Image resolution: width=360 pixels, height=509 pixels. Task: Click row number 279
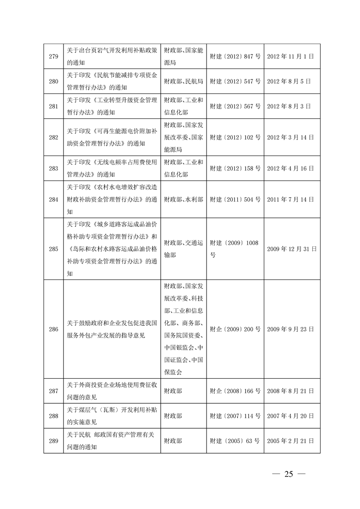click(x=53, y=56)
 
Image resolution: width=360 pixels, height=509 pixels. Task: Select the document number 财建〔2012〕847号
click(x=235, y=56)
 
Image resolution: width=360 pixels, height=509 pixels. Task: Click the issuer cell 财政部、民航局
click(x=183, y=81)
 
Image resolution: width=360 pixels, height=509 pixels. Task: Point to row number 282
click(x=53, y=137)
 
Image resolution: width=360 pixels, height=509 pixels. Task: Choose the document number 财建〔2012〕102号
click(x=235, y=137)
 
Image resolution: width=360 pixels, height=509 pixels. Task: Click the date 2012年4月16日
click(x=291, y=168)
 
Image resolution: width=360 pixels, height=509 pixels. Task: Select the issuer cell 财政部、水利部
click(x=183, y=199)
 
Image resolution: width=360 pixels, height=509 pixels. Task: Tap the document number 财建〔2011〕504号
click(x=235, y=199)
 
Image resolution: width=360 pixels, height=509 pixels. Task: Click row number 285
click(x=53, y=249)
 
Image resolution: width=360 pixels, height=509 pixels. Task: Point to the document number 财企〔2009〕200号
click(x=235, y=329)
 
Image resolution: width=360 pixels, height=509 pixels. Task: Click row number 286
click(x=53, y=329)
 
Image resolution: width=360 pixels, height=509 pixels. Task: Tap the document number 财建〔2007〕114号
click(x=235, y=416)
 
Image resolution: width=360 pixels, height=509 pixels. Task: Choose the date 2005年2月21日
click(x=291, y=440)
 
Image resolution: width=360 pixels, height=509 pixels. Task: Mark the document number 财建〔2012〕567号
click(x=235, y=106)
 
